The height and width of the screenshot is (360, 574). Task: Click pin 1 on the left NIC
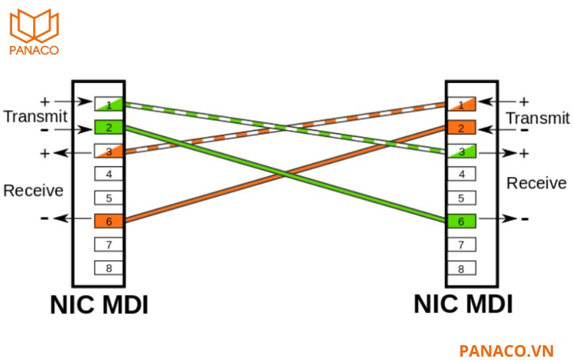pyautogui.click(x=109, y=104)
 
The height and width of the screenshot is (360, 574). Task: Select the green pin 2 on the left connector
pyautogui.click(x=109, y=127)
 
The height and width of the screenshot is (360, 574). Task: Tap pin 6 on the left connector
pyautogui.click(x=109, y=221)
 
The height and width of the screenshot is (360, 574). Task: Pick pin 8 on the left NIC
pyautogui.click(x=109, y=267)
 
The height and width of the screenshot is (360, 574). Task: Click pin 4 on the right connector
pyautogui.click(x=461, y=174)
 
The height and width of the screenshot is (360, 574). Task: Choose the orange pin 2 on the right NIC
pyautogui.click(x=461, y=128)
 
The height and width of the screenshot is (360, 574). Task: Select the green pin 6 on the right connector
pyautogui.click(x=461, y=221)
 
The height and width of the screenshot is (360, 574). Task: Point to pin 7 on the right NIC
pyautogui.click(x=461, y=245)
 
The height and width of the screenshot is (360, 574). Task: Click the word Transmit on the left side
pyautogui.click(x=35, y=116)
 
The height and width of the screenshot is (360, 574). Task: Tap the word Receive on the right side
pyautogui.click(x=536, y=183)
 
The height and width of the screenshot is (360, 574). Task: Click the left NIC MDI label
pyautogui.click(x=99, y=305)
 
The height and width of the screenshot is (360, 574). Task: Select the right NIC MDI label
pyautogui.click(x=463, y=304)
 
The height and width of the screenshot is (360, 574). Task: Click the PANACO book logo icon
pyautogui.click(x=34, y=25)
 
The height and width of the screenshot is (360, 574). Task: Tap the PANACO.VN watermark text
pyautogui.click(x=506, y=351)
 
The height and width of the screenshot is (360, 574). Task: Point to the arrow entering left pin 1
pyautogui.click(x=73, y=101)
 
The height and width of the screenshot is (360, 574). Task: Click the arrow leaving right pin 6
pyautogui.click(x=497, y=219)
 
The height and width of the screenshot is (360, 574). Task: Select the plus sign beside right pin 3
pyautogui.click(x=524, y=153)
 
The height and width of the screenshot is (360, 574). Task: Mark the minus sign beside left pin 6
pyautogui.click(x=45, y=218)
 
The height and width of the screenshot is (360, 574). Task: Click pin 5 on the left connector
pyautogui.click(x=109, y=198)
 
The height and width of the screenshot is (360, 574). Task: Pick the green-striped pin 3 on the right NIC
pyautogui.click(x=461, y=151)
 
